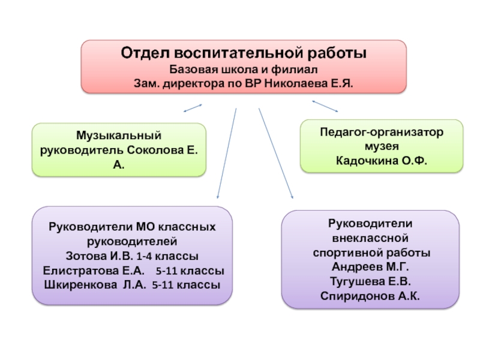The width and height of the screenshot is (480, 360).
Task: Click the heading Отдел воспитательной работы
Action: point(244,54)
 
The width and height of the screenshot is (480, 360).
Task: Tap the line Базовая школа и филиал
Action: point(244,68)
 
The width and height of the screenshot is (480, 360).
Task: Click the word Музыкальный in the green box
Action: point(119,137)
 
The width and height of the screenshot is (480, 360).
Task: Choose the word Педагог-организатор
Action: point(382,132)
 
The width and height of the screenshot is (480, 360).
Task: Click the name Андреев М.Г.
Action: point(370,266)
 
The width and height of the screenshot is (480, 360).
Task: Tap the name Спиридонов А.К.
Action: point(370,295)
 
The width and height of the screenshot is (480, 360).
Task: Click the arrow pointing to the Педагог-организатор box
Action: point(325,106)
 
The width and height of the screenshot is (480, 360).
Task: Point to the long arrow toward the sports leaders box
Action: point(275,153)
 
